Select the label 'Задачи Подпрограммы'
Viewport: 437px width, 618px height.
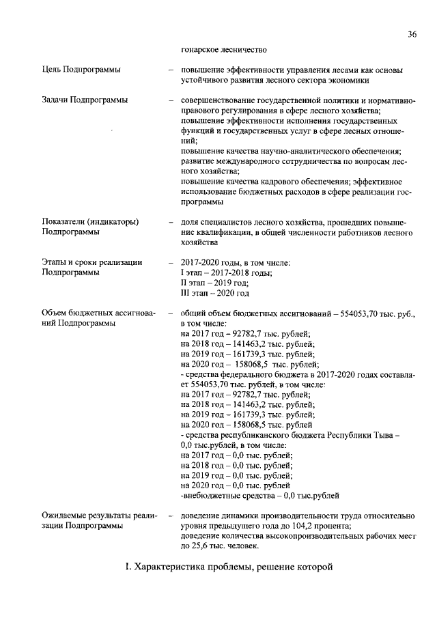click(x=85, y=101)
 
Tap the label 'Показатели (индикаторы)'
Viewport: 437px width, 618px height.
click(x=91, y=222)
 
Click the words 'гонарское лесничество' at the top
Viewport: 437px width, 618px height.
click(x=223, y=49)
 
